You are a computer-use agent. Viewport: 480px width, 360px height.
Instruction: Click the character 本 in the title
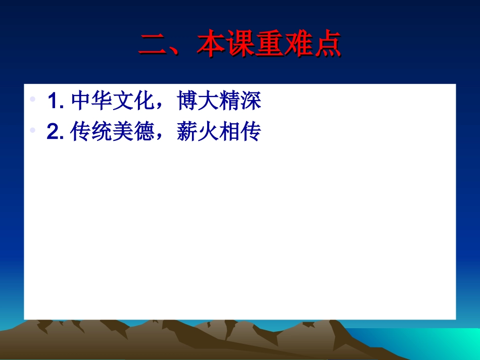point(211,44)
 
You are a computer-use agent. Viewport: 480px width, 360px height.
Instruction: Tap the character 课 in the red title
point(240,44)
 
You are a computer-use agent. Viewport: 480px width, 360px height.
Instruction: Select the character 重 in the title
point(269,44)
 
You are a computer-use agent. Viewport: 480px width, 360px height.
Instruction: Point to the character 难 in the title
point(299,44)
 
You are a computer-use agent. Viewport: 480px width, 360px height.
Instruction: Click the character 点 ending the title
point(327,44)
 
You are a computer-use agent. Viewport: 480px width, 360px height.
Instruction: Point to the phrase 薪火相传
point(219,132)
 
